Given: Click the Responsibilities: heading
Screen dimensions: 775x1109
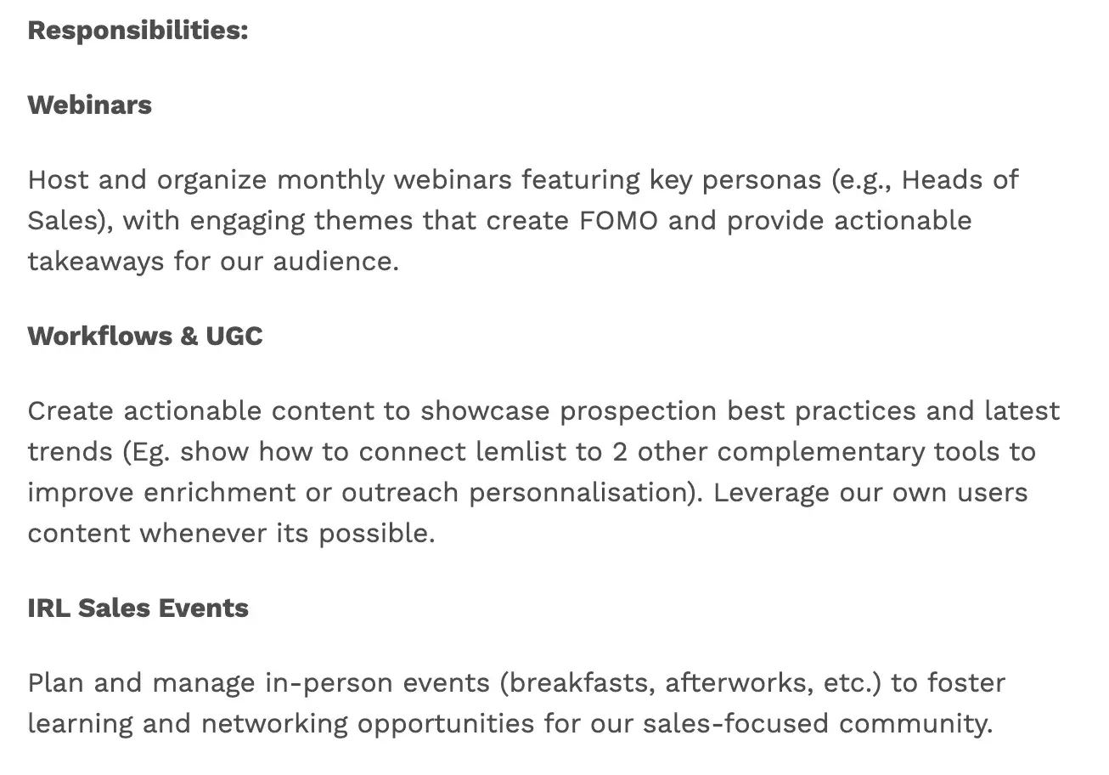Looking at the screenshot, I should coord(138,31).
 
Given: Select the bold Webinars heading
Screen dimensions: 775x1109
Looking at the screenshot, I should coord(90,105).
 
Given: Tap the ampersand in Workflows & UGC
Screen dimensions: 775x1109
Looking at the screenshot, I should coord(189,336).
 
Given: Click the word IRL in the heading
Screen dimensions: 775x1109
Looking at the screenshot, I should coord(48,608).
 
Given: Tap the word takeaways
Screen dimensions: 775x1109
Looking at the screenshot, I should coord(95,261).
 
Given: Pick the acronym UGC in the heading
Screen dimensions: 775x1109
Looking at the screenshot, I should coord(234,336).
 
